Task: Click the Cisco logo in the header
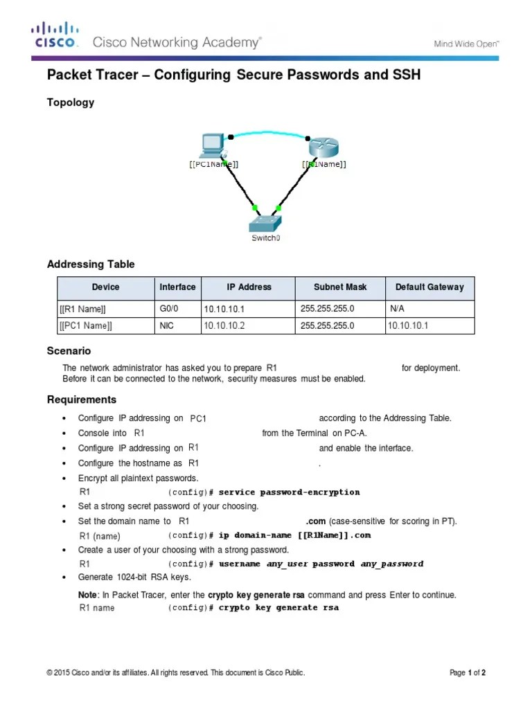[x=55, y=35]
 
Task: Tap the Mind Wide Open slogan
[x=466, y=44]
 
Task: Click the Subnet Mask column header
[x=339, y=287]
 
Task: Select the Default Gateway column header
[x=429, y=287]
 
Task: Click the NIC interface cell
[x=166, y=325]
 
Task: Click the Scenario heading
[x=69, y=351]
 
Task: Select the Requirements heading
[x=81, y=400]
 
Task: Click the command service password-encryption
[x=289, y=492]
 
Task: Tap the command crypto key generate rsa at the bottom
[x=278, y=608]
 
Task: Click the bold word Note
[x=88, y=595]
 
